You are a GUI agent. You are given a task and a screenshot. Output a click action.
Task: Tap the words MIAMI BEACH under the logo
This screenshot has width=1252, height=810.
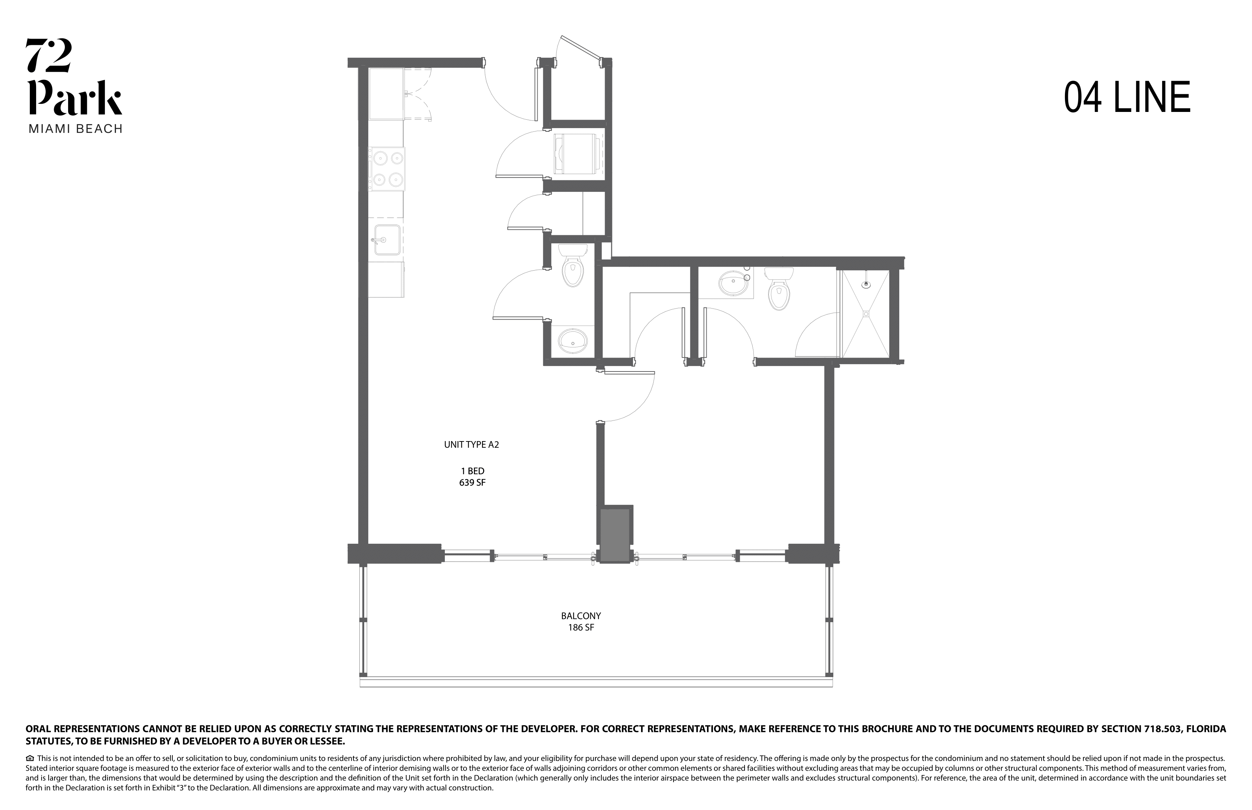coord(75,129)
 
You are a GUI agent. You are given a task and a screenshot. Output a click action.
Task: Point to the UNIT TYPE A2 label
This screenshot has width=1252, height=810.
coord(471,444)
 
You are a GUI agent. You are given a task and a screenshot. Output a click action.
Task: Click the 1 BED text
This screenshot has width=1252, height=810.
coord(472,471)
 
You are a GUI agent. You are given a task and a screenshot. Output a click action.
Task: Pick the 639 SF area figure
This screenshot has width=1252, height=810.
coord(472,482)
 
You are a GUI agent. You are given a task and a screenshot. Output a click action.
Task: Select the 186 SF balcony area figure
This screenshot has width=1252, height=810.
coord(581,627)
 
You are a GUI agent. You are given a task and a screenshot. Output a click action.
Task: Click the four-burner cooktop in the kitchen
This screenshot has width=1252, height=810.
coord(387,168)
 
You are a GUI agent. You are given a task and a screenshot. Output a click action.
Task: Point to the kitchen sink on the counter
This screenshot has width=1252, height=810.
coord(386,240)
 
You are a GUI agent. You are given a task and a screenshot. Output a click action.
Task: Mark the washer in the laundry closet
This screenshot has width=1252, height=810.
coord(576,153)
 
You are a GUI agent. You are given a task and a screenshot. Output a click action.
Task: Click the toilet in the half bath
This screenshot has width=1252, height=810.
coord(573,265)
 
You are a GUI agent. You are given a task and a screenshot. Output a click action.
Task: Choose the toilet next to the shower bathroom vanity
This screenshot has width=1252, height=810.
coord(778,289)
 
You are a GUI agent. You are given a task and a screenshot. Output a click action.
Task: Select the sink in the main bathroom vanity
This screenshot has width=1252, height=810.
coord(733,284)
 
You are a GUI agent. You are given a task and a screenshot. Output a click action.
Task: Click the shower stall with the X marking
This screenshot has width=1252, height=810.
coord(865,314)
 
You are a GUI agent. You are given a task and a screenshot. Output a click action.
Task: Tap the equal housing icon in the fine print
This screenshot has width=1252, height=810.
coord(30,758)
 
